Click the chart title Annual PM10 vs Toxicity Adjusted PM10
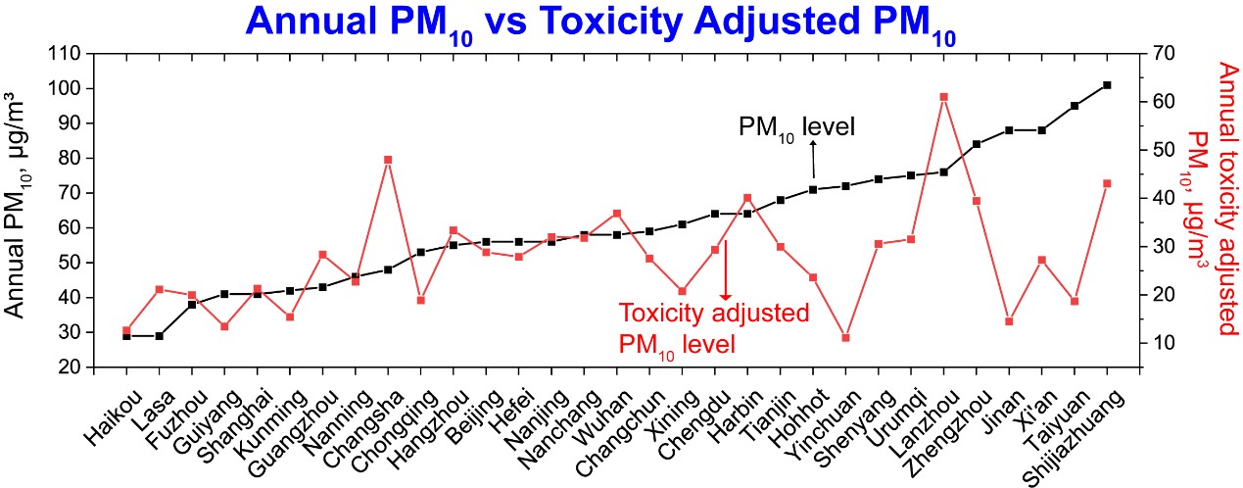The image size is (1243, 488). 601,24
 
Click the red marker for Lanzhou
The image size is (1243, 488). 944,97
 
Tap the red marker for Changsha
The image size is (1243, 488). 388,160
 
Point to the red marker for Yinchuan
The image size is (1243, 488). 845,337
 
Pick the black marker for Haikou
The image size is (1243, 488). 126,336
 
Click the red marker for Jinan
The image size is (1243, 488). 1009,321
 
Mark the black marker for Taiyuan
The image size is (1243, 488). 1075,106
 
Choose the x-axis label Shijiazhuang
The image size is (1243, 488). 1074,437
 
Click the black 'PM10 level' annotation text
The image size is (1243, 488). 797,128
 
